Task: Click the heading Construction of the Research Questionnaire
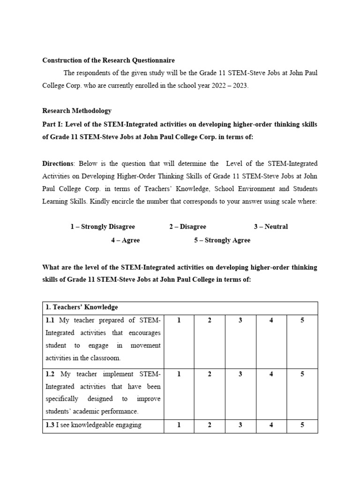(x=108, y=60)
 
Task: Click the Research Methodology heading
(x=77, y=111)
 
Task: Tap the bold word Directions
(x=58, y=164)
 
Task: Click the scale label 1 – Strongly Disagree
(x=103, y=227)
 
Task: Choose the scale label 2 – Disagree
(x=187, y=227)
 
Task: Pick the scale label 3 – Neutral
(x=271, y=227)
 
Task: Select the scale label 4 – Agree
(x=125, y=240)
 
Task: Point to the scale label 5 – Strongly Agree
(x=222, y=240)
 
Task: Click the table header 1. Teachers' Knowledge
(x=82, y=307)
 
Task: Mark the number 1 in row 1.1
(x=179, y=320)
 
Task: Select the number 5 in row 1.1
(x=302, y=320)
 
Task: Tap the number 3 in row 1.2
(x=240, y=374)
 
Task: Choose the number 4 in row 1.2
(x=271, y=374)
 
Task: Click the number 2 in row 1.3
(x=210, y=425)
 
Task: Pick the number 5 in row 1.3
(x=302, y=425)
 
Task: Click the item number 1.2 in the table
(x=51, y=374)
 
